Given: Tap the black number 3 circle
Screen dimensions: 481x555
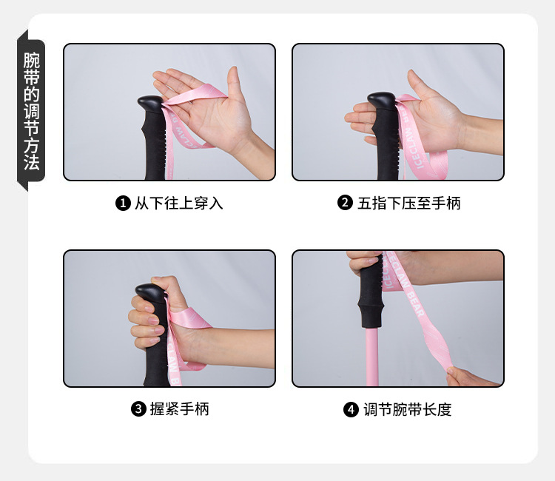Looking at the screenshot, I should coord(138,409).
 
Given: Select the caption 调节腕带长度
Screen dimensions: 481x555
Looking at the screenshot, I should coord(407,409).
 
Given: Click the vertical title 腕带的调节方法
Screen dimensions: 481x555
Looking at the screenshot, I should coord(31,111).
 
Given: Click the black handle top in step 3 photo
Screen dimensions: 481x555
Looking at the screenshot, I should coord(153,292).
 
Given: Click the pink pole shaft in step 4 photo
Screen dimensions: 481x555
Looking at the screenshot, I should coord(372,355).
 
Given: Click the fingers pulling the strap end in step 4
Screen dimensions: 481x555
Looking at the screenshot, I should coord(462,377).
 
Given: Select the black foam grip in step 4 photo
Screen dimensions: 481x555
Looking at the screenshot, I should coord(371,296).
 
